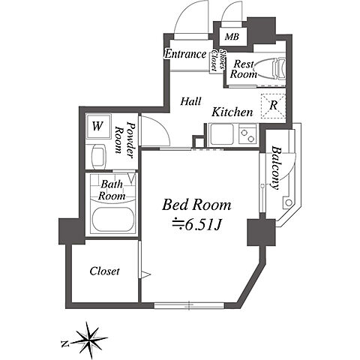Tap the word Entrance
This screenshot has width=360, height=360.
tap(186, 54)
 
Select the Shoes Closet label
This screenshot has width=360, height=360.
tap(218, 60)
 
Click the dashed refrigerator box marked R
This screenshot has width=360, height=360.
tap(273, 106)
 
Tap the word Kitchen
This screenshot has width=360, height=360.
tap(232, 112)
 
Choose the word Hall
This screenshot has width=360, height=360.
tap(190, 101)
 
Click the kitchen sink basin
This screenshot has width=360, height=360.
tap(222, 134)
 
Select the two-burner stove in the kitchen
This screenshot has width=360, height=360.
tap(247, 134)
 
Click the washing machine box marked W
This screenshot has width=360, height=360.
tap(97, 126)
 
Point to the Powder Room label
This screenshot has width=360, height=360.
tap(123, 139)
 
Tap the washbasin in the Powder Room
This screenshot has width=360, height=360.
tap(98, 157)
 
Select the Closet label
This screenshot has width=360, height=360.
tap(104, 271)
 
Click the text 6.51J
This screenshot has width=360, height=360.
tap(202, 226)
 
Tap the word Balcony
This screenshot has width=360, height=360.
tap(276, 168)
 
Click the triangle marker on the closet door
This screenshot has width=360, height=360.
tap(145, 274)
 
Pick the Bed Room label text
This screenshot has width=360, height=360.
tap(196, 205)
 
